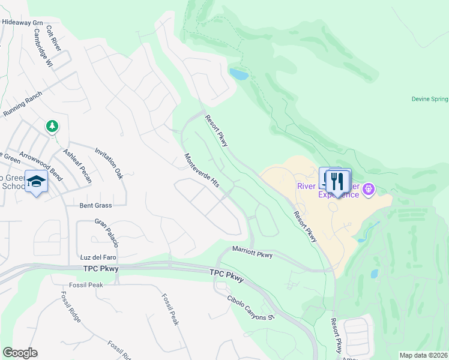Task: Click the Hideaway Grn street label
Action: click(x=23, y=22)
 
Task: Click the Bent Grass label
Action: click(x=95, y=205)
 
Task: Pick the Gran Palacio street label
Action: click(x=107, y=233)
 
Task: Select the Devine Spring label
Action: click(x=430, y=99)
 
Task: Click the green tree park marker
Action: click(x=52, y=126)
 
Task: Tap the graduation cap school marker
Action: click(x=37, y=182)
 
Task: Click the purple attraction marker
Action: click(x=369, y=190)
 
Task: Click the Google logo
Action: click(x=20, y=353)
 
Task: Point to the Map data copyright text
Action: click(x=423, y=355)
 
